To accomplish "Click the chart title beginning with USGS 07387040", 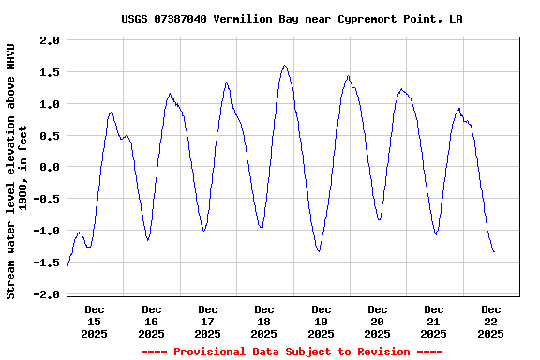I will tap(292, 19).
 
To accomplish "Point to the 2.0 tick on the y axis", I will tap(50, 40).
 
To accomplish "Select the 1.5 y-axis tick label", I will tap(50, 72).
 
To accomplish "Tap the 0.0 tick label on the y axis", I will tap(50, 167).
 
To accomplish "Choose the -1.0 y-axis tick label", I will tap(47, 231).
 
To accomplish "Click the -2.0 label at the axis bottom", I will tap(47, 294).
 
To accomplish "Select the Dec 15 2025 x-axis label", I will tap(95, 321).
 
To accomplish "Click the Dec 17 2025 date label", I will tap(207, 321).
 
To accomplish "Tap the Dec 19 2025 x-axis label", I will tap(321, 321).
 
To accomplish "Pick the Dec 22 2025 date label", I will tap(490, 321).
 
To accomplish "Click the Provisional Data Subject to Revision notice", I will tap(292, 352).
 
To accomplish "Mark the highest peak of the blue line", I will tap(284, 66).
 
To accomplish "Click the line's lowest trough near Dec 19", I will tap(319, 251).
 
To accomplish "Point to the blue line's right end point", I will tap(494, 251).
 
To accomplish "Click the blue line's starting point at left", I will tap(67, 267).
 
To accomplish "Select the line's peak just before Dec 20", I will tap(348, 76).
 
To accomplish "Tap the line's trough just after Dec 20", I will tap(379, 219).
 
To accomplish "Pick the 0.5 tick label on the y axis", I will tap(50, 135).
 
